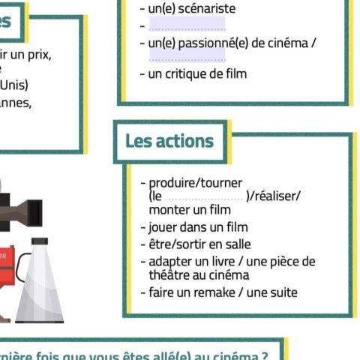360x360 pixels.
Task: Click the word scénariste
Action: (x=204, y=9)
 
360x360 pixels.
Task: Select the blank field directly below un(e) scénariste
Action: (x=187, y=25)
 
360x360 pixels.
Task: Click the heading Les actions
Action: (x=169, y=141)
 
